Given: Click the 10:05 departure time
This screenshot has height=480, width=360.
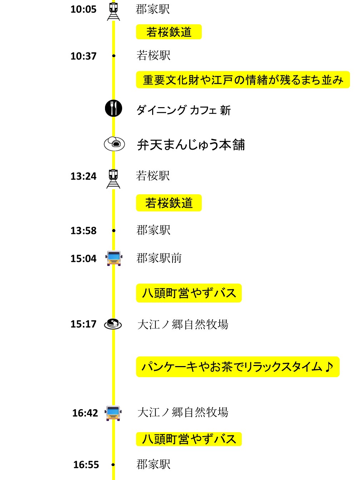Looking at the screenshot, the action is click(x=83, y=9).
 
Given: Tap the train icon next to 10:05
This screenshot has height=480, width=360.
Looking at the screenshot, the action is click(x=114, y=11).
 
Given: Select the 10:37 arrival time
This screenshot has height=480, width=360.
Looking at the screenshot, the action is click(x=83, y=56).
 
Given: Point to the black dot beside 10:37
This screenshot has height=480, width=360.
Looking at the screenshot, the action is click(x=114, y=56).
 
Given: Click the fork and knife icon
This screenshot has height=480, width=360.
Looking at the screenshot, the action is click(x=114, y=108).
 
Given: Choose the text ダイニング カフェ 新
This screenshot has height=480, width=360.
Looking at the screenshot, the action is click(x=184, y=110).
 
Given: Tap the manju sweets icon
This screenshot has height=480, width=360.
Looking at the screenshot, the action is click(x=114, y=144).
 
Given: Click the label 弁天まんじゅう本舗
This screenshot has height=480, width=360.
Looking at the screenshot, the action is click(x=191, y=145).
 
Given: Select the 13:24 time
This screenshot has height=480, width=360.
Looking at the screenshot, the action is click(x=83, y=176).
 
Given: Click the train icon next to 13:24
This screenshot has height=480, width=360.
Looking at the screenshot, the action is click(x=113, y=179).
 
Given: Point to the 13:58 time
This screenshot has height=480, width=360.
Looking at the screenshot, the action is click(x=83, y=231).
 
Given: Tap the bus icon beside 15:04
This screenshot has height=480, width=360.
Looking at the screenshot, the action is click(x=114, y=258).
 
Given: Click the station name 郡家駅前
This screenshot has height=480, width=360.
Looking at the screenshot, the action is click(x=159, y=258).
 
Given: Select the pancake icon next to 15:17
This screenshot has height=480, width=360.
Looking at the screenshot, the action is click(x=113, y=324).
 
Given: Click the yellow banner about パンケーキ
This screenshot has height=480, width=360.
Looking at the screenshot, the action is click(x=238, y=367).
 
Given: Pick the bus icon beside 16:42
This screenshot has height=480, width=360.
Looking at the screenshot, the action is click(x=113, y=413).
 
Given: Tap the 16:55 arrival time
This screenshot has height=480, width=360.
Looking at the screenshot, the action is click(x=86, y=465).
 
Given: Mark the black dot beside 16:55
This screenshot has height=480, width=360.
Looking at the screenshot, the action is click(x=113, y=465).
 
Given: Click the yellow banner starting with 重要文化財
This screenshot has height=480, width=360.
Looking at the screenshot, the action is click(x=243, y=80).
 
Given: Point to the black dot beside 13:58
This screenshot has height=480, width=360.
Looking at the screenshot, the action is click(x=114, y=230).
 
